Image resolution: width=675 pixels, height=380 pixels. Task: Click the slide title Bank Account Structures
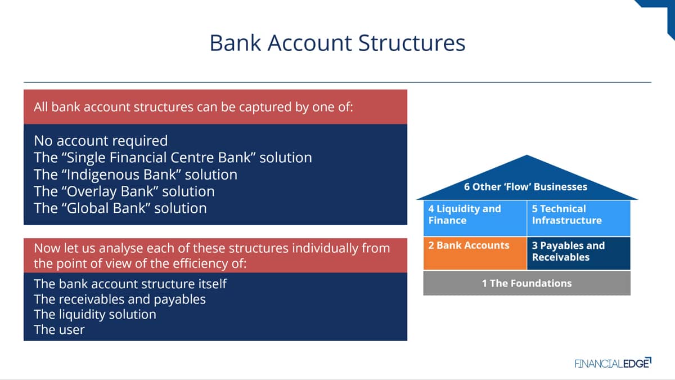click(x=337, y=43)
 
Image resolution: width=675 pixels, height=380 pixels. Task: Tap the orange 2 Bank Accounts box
click(x=475, y=253)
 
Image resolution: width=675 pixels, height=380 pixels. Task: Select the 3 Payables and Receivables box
click(x=579, y=253)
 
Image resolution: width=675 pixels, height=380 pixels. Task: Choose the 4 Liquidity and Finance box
click(x=475, y=218)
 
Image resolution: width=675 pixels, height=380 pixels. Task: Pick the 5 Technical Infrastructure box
click(x=579, y=218)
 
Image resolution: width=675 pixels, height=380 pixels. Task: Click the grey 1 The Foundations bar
click(x=526, y=283)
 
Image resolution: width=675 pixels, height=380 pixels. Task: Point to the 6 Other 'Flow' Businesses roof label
click(x=525, y=187)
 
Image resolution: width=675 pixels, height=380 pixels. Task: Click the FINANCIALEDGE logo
click(x=613, y=363)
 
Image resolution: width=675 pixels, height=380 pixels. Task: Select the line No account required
click(x=101, y=141)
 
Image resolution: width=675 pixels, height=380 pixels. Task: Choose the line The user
click(x=59, y=330)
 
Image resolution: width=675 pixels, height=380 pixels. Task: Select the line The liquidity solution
click(x=95, y=315)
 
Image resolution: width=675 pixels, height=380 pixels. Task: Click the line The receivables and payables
click(x=120, y=299)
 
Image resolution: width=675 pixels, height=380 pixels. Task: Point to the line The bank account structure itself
click(x=130, y=284)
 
